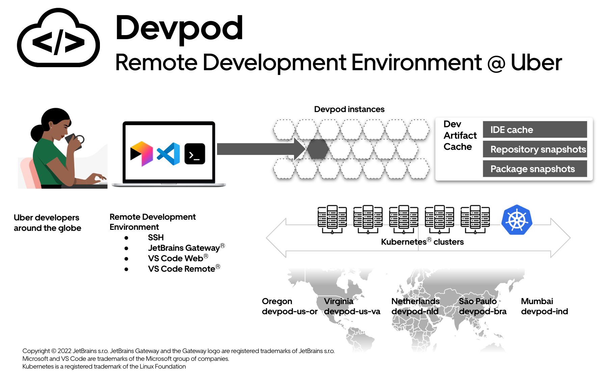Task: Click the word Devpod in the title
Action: click(179, 28)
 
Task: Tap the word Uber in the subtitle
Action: click(536, 63)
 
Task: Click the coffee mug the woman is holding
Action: click(75, 141)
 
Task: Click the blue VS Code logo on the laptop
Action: click(168, 154)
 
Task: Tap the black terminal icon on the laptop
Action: click(195, 154)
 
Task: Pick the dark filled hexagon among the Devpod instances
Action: click(317, 149)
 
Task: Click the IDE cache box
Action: click(535, 130)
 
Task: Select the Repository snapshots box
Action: click(535, 149)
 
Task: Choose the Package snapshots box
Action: click(535, 169)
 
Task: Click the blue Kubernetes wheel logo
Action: click(516, 220)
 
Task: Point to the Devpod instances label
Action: click(349, 109)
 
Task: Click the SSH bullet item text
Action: click(156, 238)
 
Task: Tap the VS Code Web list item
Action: click(176, 259)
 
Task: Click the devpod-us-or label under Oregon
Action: click(289, 312)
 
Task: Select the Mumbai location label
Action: click(537, 301)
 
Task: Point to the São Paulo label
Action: click(477, 301)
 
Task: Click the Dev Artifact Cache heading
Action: click(459, 135)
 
